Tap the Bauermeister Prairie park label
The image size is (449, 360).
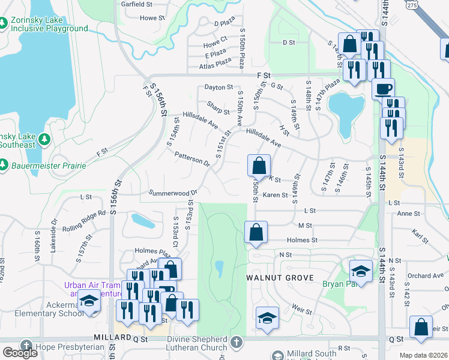(48, 165)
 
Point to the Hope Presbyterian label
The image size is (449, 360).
(65, 347)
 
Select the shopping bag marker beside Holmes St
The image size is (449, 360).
(256, 232)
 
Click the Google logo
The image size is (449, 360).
(20, 353)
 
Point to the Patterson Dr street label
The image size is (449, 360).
(192, 159)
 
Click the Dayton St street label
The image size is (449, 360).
(218, 88)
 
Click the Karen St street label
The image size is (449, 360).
(276, 195)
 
